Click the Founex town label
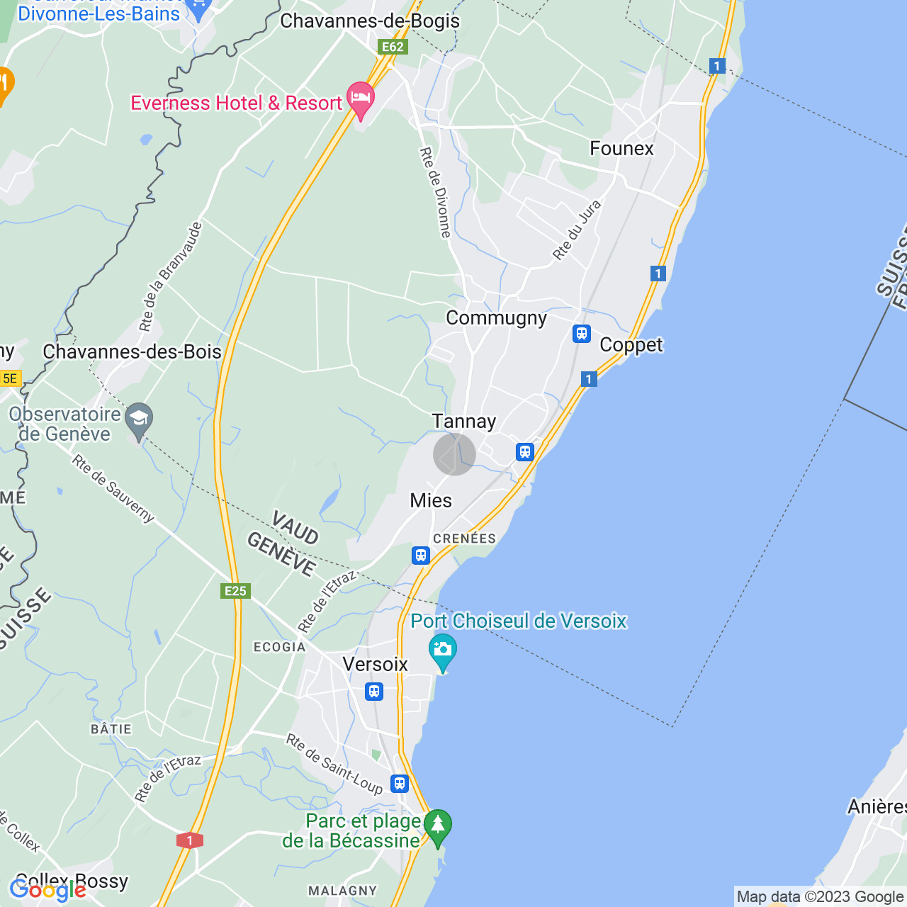point(621,148)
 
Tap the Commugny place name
point(496,318)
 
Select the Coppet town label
point(631,345)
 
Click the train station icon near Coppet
point(582,333)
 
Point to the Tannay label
point(464,422)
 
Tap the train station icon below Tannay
point(524,451)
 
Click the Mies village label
point(431,501)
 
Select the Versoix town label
point(375,665)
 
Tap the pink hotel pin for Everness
point(361,99)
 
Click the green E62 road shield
point(392,47)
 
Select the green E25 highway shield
point(235,591)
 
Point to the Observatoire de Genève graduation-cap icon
point(139,418)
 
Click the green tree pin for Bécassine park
point(438,826)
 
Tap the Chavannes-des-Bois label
point(132,352)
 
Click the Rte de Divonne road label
point(436,192)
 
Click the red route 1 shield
point(189,840)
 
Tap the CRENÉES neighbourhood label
point(464,539)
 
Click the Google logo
point(47,890)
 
